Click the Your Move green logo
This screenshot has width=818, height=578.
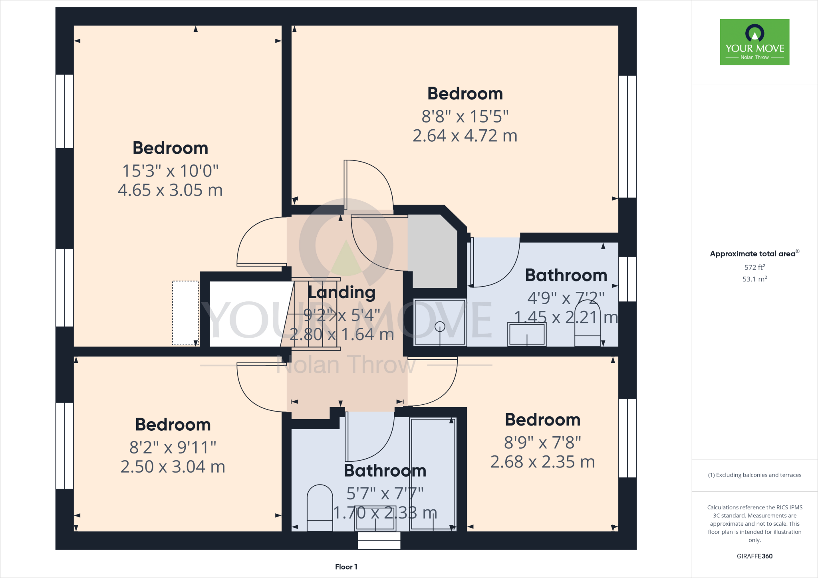(x=754, y=42)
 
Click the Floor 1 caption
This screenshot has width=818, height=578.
(x=346, y=567)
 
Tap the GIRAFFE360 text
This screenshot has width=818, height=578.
(x=754, y=556)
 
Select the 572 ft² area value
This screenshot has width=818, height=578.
(x=754, y=267)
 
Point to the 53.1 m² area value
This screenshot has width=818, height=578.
(x=754, y=279)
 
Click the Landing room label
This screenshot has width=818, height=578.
(x=341, y=292)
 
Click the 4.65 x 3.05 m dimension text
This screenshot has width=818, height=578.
(x=170, y=190)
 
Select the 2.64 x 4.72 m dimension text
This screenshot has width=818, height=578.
(x=465, y=136)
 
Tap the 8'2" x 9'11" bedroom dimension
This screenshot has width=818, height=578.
(x=173, y=447)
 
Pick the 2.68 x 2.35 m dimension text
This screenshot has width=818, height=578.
(x=542, y=462)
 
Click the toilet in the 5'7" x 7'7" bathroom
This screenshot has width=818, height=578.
(x=320, y=508)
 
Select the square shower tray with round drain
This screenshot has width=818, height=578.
(x=439, y=322)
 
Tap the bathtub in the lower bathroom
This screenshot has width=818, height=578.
(x=433, y=474)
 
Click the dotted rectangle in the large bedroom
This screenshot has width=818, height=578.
(x=185, y=313)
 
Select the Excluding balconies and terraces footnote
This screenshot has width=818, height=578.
(x=754, y=475)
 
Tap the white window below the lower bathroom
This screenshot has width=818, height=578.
(x=379, y=540)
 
